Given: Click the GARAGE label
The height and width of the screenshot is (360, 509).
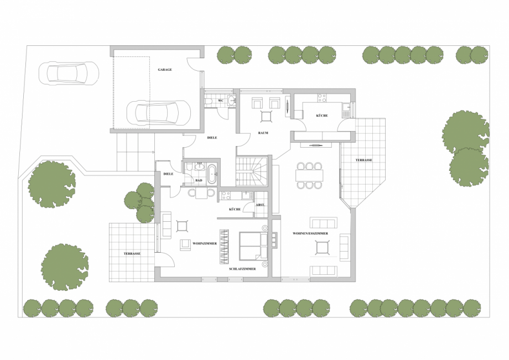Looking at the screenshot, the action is (165, 70).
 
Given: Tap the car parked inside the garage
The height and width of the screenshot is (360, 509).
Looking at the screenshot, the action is (158, 113).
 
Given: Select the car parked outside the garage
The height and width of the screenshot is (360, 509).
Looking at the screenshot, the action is (68, 74).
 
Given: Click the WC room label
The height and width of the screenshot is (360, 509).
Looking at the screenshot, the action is (221, 101).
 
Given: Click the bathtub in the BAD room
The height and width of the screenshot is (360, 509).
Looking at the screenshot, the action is (212, 174).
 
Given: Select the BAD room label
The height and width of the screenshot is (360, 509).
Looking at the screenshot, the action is (199, 180).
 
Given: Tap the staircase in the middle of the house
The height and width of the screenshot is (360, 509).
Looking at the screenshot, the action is (252, 171).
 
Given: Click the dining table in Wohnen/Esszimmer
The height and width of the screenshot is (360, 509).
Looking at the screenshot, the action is (309, 175).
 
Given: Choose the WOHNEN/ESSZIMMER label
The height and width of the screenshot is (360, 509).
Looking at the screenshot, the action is (310, 233).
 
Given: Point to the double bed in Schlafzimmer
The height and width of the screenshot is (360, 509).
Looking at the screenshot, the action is (253, 246).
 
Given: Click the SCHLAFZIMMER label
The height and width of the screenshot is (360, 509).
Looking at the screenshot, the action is (242, 269).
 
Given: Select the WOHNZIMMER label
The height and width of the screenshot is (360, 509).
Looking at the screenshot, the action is (205, 243).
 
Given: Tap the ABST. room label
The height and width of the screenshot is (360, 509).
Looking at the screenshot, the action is (261, 205).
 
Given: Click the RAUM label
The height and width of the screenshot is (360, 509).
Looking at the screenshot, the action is (263, 133).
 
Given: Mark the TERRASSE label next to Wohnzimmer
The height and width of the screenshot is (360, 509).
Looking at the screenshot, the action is (132, 254).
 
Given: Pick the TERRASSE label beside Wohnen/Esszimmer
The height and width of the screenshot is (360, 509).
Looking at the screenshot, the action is (363, 160).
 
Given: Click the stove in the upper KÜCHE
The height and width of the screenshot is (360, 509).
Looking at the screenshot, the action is (322, 98).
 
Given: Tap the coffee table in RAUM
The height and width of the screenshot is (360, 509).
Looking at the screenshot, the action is (267, 117).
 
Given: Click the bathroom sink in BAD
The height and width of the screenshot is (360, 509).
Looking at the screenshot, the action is (200, 167).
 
